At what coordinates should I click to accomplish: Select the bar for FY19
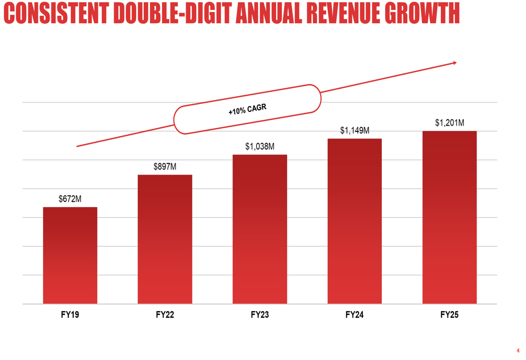(70, 255)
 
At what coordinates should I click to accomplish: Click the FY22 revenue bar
(165, 239)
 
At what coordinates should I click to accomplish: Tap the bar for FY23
(260, 229)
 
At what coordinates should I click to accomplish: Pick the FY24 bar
(355, 221)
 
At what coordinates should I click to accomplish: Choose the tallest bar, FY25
(449, 217)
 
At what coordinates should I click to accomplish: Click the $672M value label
(70, 199)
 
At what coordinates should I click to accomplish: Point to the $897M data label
(165, 167)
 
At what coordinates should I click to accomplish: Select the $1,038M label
(260, 147)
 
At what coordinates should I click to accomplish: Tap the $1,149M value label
(355, 130)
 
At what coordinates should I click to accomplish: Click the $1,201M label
(449, 122)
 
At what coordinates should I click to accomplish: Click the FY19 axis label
(70, 315)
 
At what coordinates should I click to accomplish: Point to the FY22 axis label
(165, 315)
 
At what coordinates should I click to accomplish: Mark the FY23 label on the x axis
(260, 315)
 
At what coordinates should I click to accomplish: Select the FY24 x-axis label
(355, 315)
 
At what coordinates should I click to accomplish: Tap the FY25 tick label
(449, 315)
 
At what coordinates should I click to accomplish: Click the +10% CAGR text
(247, 109)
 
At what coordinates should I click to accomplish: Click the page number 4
(518, 350)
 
